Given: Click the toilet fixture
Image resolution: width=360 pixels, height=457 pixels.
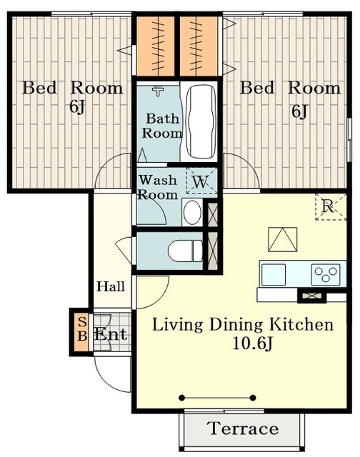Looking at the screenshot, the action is click(186, 251).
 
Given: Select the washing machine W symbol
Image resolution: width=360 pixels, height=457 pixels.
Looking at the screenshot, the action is click(201, 181).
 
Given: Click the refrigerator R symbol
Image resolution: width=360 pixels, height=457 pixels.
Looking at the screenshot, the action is click(331, 206).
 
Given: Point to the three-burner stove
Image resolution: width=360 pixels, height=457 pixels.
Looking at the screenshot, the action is click(326, 275).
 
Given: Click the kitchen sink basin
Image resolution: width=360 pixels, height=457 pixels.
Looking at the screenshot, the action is click(274, 275).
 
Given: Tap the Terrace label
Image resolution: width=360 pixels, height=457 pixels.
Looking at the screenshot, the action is click(243, 428).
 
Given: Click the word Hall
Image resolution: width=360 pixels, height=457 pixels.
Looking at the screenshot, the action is click(111, 286).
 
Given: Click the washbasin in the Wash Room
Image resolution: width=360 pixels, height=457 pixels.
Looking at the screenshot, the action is click(192, 213).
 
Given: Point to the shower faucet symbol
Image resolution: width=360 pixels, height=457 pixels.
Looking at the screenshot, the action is click(158, 91).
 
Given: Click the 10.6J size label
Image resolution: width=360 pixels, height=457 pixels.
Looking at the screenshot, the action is click(252, 344).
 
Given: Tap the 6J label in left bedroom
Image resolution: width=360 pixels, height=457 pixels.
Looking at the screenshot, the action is click(78, 106).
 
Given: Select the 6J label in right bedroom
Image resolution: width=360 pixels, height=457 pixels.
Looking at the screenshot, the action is click(300, 111).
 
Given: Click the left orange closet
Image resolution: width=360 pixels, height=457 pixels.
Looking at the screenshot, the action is click(156, 46).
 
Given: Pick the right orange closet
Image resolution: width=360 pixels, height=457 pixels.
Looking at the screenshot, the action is click(199, 46).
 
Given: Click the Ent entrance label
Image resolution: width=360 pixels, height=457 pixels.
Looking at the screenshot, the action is click(111, 334).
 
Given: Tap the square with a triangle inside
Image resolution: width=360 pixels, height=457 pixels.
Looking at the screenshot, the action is click(282, 239).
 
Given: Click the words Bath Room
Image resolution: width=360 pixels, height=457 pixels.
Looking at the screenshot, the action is click(161, 126).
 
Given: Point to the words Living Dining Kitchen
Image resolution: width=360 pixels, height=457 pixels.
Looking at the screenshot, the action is click(243, 325).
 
